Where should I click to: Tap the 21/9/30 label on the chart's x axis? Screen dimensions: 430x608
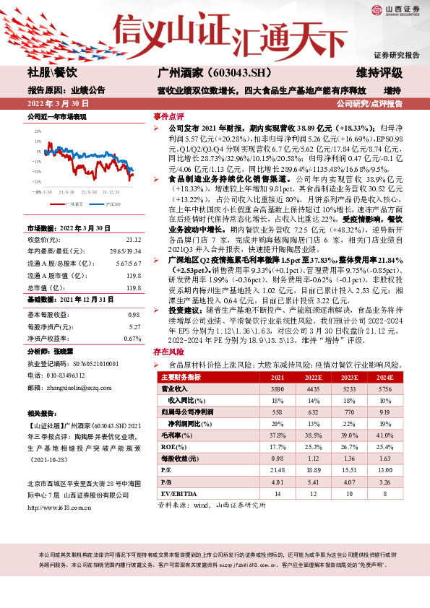66,193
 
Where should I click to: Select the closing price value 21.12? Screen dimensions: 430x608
134,238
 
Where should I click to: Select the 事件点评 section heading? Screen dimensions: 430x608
168,116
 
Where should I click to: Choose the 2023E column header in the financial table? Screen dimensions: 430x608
349,378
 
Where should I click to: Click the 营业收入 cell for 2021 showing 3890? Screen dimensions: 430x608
278,388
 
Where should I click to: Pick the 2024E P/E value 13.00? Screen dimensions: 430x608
385,470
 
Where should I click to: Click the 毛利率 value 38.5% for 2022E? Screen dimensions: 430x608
314,435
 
